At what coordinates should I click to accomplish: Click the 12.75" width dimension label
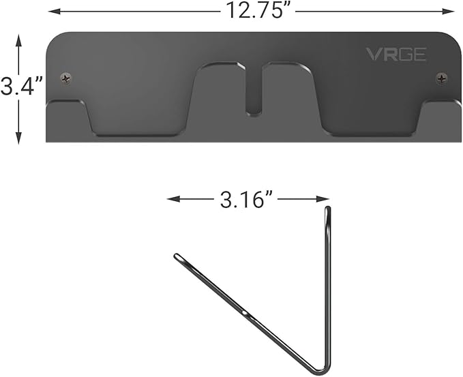(x=251, y=10)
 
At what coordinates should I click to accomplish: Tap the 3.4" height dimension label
(x=21, y=88)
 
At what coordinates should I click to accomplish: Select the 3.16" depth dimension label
(x=248, y=199)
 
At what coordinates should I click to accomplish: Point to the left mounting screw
(x=65, y=78)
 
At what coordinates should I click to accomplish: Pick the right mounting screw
(x=442, y=79)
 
